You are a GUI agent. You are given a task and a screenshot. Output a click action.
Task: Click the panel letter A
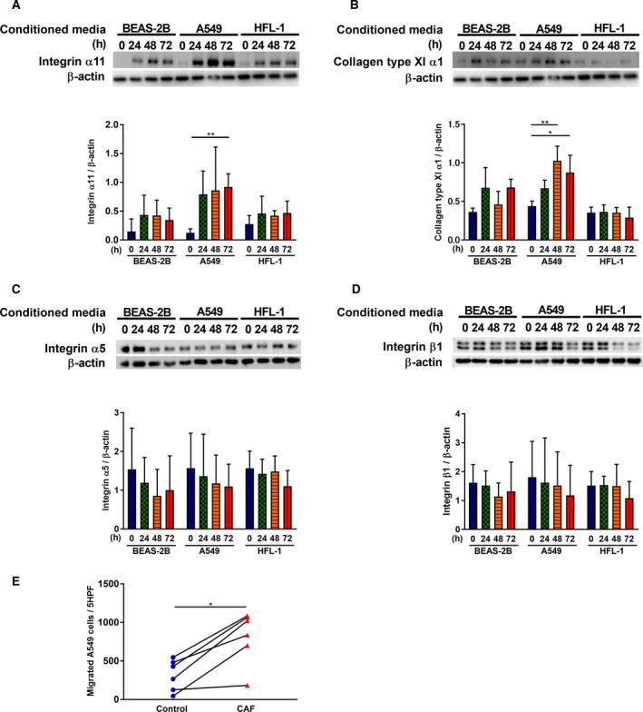point(6,6)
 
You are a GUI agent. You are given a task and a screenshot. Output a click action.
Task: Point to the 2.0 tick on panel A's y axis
point(114,124)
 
